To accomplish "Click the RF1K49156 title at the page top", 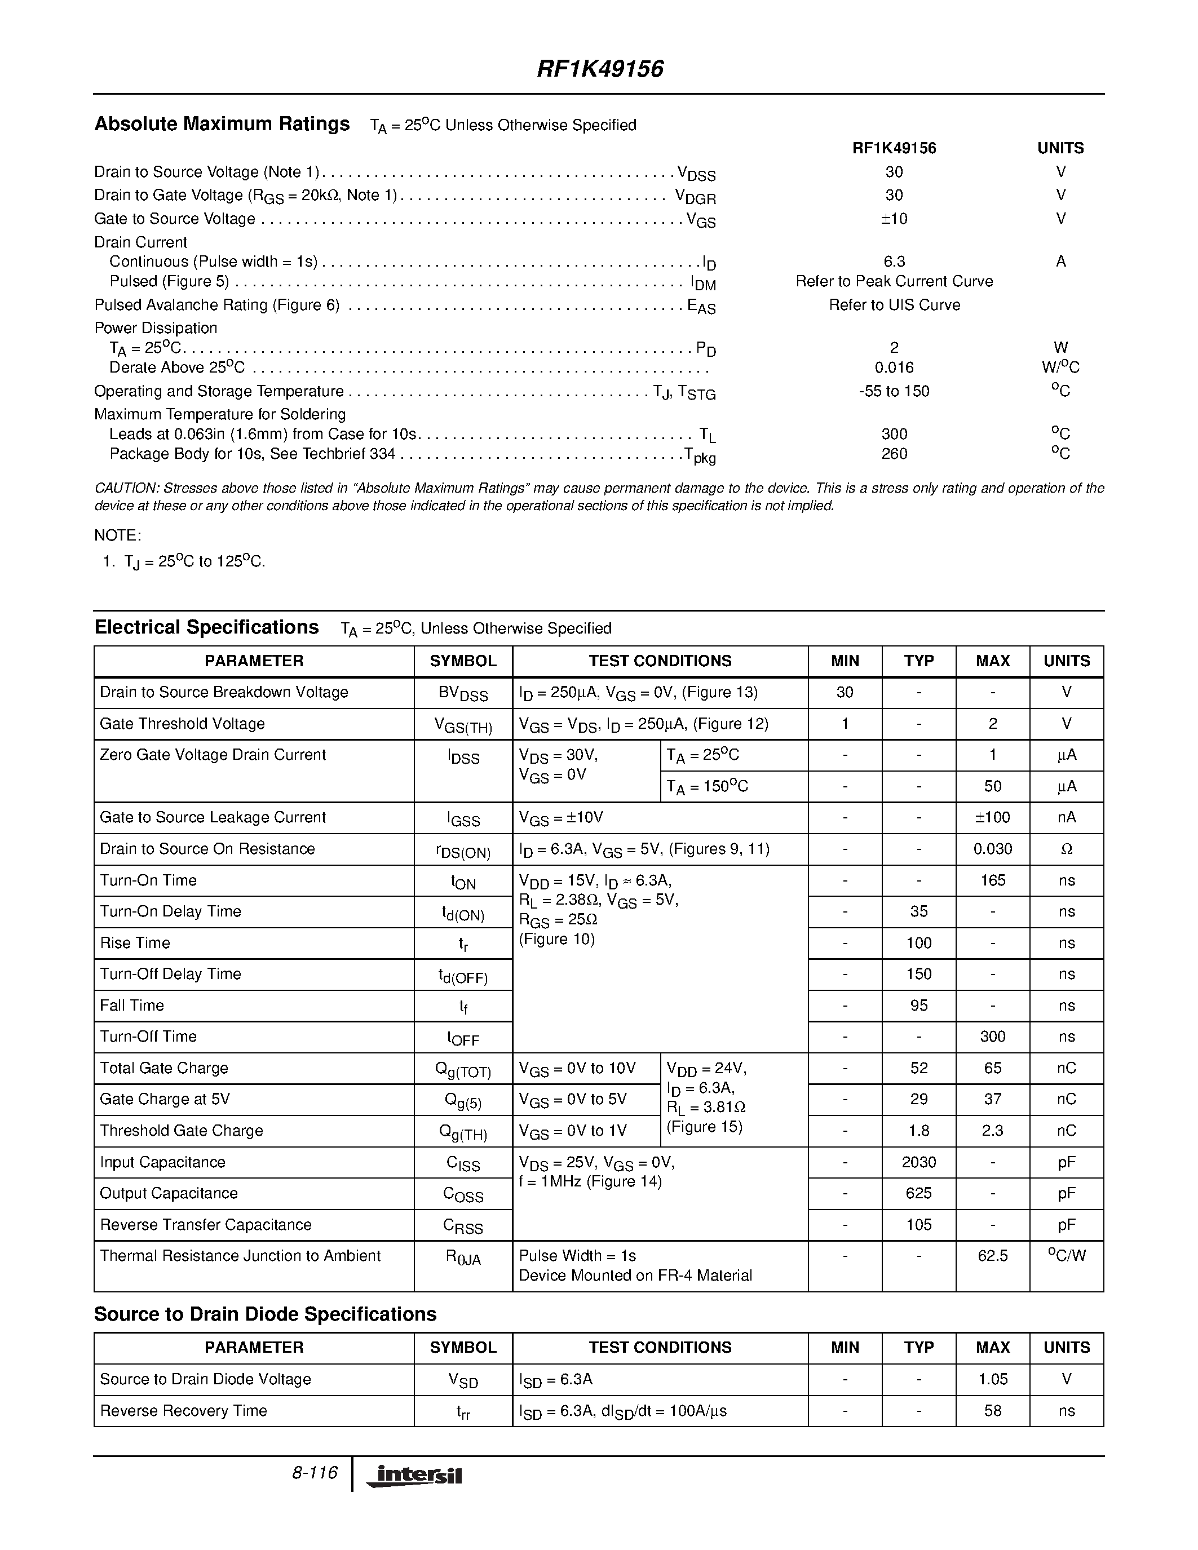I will tap(600, 69).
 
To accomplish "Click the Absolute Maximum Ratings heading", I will tap(222, 124).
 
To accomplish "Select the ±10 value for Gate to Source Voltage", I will tap(894, 219).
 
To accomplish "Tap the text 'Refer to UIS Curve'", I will tap(894, 305).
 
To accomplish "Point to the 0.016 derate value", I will tap(894, 367).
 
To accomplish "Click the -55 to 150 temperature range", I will tap(894, 391).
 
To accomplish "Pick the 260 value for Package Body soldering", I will tap(894, 454).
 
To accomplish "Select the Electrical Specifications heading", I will tap(206, 627).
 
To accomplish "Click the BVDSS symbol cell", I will tap(463, 693).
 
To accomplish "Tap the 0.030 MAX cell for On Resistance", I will tap(992, 849).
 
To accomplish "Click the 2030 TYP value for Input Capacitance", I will tap(918, 1162).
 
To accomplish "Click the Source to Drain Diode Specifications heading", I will tap(265, 1314).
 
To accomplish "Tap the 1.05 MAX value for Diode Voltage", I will tap(992, 1379).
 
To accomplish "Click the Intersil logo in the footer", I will tap(414, 1476).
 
